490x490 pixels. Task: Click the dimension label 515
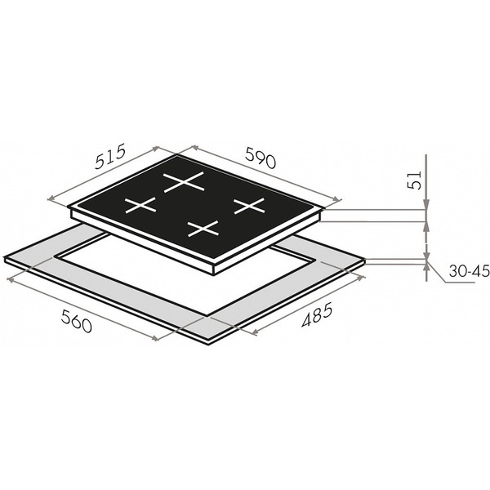(x=110, y=156)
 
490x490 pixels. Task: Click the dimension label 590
(x=261, y=157)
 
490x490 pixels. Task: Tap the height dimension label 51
(x=415, y=180)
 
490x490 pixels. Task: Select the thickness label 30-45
(x=469, y=271)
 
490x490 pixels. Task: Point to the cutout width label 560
(x=77, y=320)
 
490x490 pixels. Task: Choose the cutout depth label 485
(x=317, y=315)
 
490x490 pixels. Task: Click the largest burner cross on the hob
(x=184, y=181)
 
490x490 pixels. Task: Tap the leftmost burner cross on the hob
(x=140, y=205)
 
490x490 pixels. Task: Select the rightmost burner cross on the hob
(x=249, y=206)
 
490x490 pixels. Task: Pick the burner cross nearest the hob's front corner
(x=203, y=229)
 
